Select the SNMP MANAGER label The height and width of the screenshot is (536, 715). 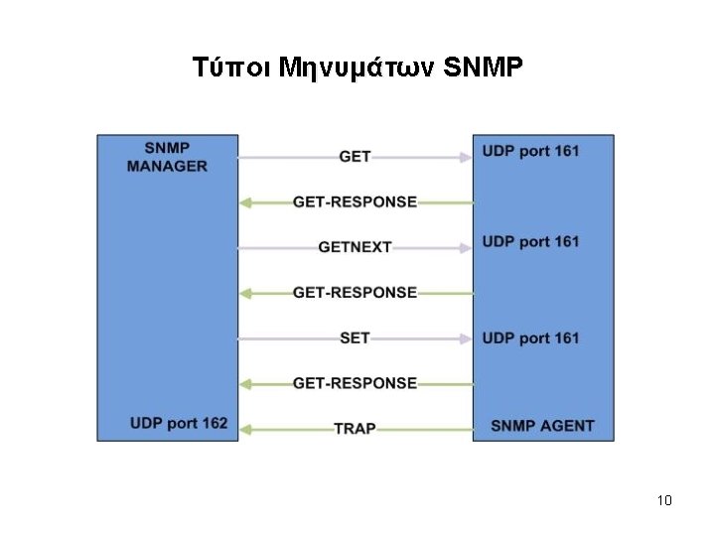point(167,158)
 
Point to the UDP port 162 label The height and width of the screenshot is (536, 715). point(178,424)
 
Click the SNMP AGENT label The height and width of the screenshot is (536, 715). point(542,427)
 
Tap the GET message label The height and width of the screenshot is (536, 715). point(355,157)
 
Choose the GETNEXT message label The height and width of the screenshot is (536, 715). point(355,247)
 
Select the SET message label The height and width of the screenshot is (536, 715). point(355,338)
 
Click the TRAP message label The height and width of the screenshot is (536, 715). point(355,429)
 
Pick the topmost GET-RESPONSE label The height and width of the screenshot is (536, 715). point(355,202)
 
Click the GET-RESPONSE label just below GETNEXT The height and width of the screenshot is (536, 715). point(355,293)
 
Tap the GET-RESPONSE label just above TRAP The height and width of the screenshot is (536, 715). point(355,383)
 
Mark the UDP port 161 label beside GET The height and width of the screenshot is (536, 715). point(530,151)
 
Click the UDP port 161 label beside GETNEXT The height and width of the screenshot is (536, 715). point(530,241)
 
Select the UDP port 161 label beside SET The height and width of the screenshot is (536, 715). point(530,338)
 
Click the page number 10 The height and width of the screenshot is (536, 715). point(664,500)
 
